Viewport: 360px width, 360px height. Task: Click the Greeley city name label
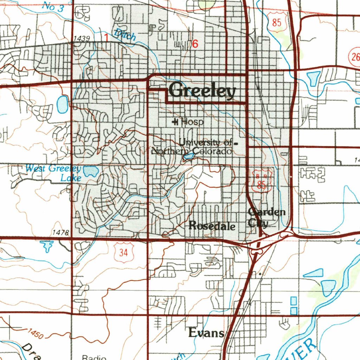pos(202,91)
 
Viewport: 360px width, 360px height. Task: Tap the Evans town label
pos(206,332)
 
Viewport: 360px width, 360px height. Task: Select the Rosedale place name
pos(212,226)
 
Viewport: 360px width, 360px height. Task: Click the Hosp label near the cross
pos(192,122)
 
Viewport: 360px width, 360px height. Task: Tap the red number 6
pos(195,44)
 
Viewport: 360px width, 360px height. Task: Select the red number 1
pos(106,37)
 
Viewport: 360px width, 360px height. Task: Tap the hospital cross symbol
pos(175,122)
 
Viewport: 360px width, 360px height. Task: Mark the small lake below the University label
pos(188,155)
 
